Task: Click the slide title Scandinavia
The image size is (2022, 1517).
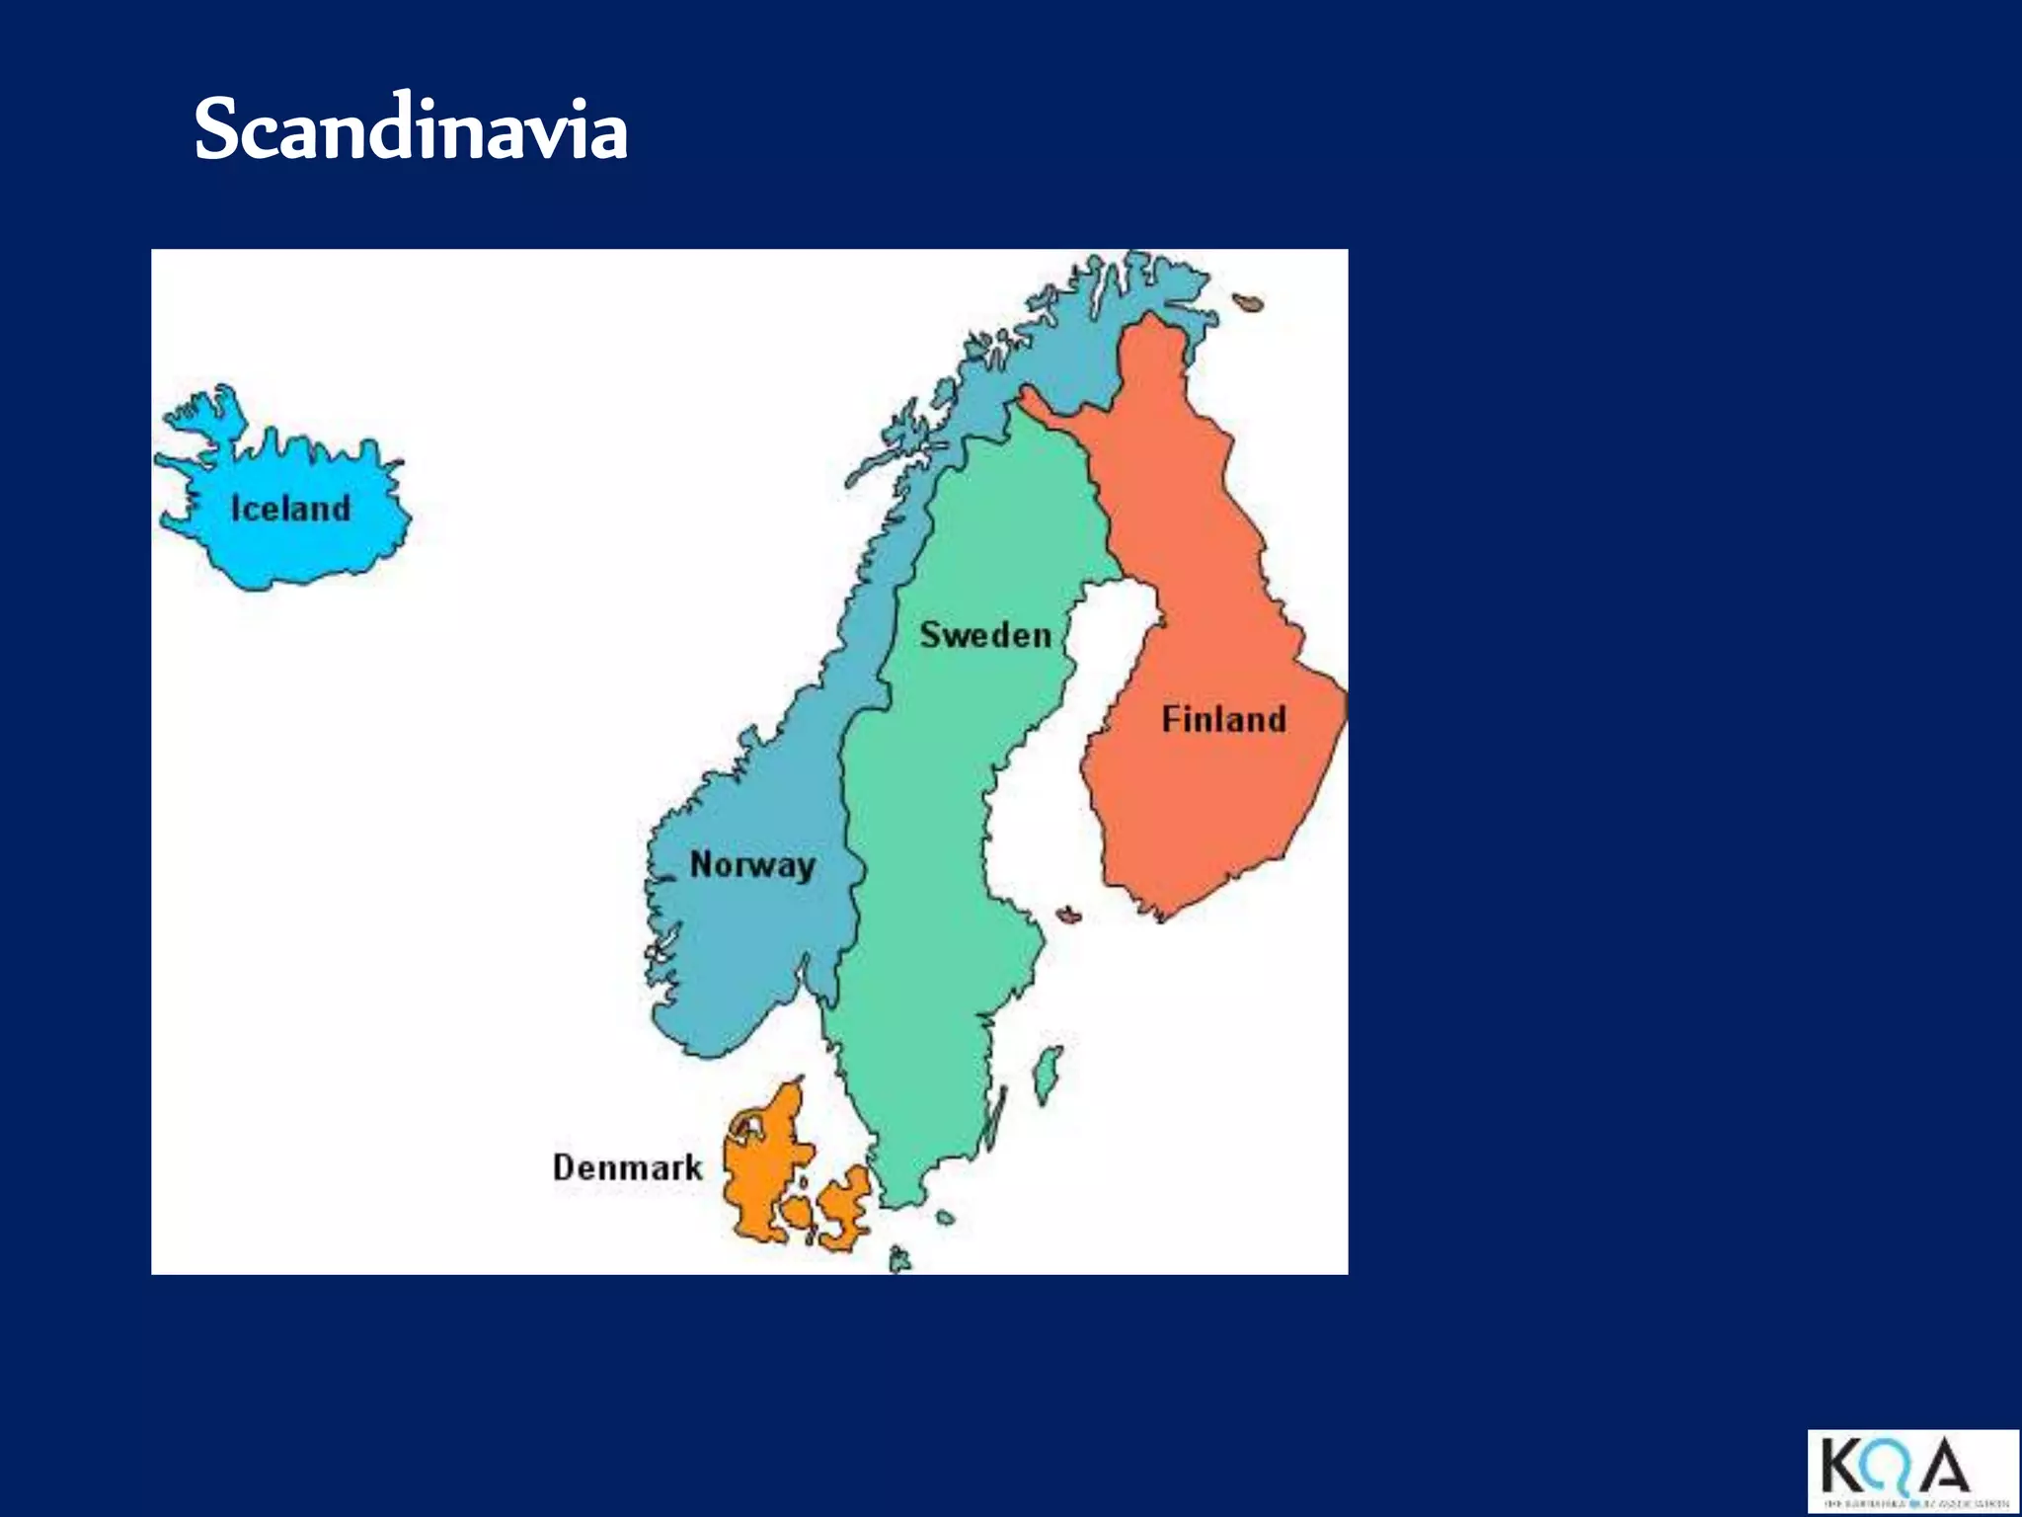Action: click(x=411, y=129)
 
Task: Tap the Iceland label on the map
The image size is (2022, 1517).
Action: click(x=290, y=509)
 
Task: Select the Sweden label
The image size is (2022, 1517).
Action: click(x=985, y=635)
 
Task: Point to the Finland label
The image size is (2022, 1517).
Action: click(x=1223, y=719)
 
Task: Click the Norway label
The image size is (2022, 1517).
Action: click(x=752, y=865)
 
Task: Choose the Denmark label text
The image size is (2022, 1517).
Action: click(x=627, y=1167)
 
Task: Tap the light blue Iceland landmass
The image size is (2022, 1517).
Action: click(x=296, y=553)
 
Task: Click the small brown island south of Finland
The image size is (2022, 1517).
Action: click(x=1068, y=915)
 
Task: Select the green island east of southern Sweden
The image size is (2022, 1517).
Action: click(x=1049, y=1074)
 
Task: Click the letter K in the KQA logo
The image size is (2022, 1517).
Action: click(x=1840, y=1466)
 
